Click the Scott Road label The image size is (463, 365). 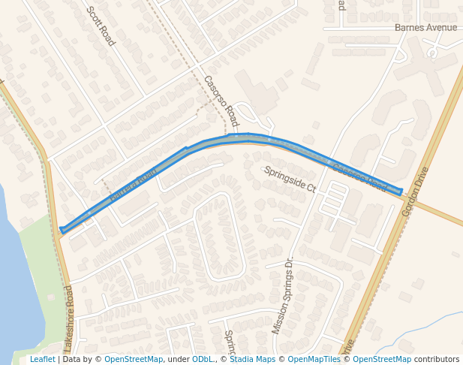(101, 26)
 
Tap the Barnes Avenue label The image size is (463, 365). (425, 28)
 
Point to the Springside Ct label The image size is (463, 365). (290, 179)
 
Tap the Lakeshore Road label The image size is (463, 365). (68, 318)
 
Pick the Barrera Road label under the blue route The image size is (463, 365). (134, 186)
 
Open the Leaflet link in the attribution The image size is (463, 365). (42, 360)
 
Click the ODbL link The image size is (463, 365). (202, 360)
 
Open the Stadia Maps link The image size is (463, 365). (252, 360)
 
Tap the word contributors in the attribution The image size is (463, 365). (437, 360)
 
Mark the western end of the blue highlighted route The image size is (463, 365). (62, 231)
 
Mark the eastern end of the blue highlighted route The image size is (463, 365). (401, 192)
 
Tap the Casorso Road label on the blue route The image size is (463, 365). (359, 178)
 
